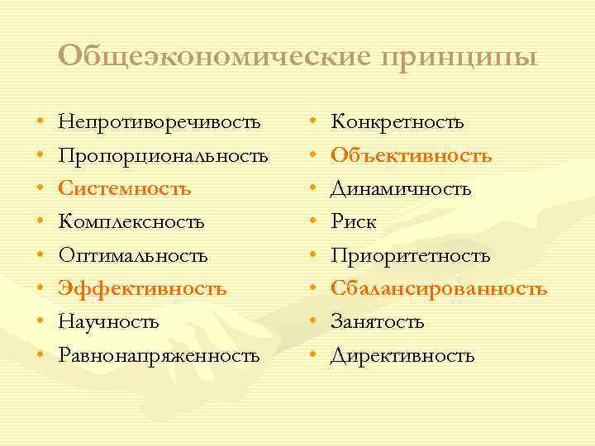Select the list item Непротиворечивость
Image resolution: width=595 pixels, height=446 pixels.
coord(159,123)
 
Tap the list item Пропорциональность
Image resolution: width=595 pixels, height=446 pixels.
coord(163,156)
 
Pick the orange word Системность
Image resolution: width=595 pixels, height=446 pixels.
coord(125,189)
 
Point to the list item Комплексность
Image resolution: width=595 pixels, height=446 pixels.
coord(131,222)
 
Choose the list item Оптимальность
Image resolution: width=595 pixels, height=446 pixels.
coord(133,255)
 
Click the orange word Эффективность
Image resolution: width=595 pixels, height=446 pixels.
coord(141,288)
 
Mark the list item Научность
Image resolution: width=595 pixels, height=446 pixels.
coord(108,322)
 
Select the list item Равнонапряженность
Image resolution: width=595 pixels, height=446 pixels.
coord(159,356)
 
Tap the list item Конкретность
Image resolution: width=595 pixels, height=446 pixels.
coord(397,123)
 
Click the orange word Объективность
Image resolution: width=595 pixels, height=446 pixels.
coord(412,156)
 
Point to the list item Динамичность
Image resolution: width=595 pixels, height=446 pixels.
coord(401,189)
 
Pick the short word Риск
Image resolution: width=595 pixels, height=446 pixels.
coord(354,222)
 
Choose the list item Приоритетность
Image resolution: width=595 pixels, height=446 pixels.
coord(411,255)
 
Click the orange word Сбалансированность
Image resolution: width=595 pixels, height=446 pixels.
coord(439,288)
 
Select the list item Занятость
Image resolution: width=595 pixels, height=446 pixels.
coord(378,322)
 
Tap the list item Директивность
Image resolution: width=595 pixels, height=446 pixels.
coord(402,356)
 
